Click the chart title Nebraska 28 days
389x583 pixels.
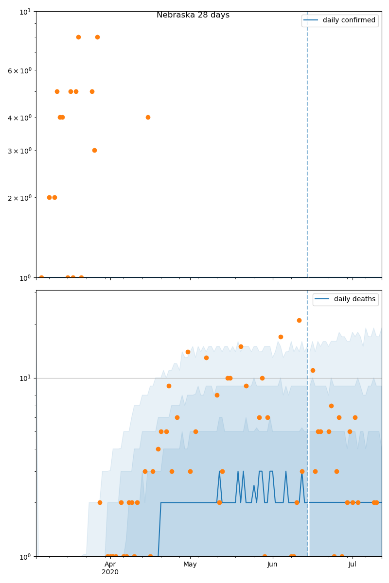point(193,15)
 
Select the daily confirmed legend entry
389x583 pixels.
point(349,20)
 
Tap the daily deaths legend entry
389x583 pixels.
point(354,299)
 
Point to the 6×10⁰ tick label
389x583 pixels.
point(19,70)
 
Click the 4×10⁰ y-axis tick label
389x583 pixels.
point(19,118)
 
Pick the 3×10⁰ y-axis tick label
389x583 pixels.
point(19,151)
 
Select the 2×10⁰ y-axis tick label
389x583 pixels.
point(19,198)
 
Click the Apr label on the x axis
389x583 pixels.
point(110,564)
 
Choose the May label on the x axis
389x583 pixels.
point(190,564)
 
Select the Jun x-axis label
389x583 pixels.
point(272,564)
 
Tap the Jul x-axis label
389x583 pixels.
point(352,564)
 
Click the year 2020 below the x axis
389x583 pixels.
point(110,572)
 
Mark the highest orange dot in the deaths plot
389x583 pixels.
point(299,320)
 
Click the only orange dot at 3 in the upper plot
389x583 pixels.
point(94,150)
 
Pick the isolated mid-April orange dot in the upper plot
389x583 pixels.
point(148,117)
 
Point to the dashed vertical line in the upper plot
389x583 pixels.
point(307,146)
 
